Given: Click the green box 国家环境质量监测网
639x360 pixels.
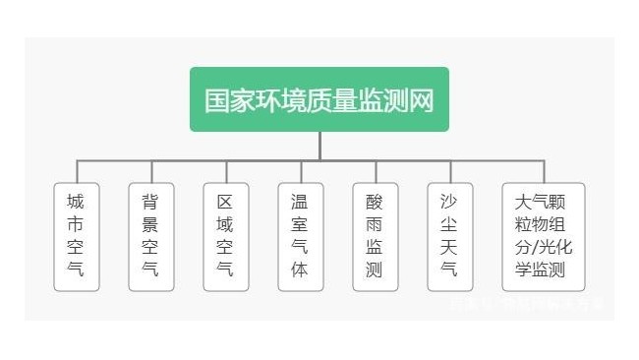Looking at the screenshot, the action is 319,99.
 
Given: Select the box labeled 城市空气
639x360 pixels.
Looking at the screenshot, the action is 76,236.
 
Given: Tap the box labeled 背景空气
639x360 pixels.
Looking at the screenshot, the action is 150,236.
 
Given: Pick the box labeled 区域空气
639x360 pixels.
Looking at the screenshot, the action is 225,236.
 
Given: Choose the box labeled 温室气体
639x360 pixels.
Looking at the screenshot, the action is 300,236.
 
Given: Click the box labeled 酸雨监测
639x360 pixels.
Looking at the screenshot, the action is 375,236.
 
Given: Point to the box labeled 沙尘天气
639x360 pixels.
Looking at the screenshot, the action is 449,236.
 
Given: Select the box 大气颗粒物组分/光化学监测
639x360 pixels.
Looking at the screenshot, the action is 543,236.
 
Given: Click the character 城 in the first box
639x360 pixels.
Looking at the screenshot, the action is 76,203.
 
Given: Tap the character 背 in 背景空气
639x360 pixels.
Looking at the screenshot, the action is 150,203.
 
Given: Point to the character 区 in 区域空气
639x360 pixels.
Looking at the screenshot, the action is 225,203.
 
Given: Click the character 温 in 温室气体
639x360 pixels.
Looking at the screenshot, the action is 300,203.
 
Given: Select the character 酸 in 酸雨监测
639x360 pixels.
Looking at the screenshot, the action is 375,203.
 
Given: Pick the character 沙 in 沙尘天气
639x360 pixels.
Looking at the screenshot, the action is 449,203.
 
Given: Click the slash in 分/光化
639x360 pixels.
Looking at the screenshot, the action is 543,247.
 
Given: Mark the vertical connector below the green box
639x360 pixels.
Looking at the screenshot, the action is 319,146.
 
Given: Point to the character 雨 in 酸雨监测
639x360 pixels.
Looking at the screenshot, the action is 375,225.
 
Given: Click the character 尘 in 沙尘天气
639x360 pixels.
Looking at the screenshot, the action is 449,225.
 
